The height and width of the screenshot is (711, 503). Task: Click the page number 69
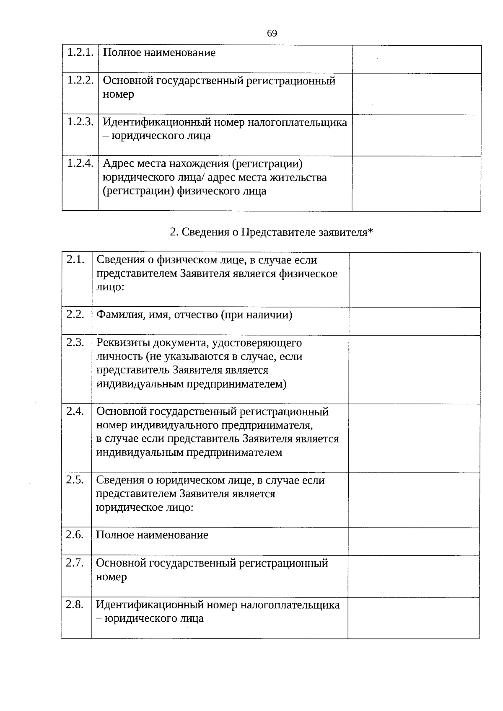pos(272,34)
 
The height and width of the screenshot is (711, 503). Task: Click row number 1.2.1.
pos(80,52)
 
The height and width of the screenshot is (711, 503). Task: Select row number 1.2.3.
pos(80,122)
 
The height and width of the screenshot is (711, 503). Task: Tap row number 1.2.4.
pos(80,163)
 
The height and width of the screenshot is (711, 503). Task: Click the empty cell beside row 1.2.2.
pos(416,94)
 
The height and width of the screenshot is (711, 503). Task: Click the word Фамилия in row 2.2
pos(116,315)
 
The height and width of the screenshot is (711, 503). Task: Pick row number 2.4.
pos(75,411)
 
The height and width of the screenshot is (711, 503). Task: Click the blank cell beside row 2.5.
pos(414,500)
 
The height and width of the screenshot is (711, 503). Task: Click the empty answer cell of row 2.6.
pos(414,541)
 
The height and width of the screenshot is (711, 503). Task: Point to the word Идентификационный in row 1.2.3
pos(157,122)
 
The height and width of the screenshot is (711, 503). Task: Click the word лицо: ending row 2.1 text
pos(110,287)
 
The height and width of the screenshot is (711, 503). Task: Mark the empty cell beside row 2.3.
pos(414,369)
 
